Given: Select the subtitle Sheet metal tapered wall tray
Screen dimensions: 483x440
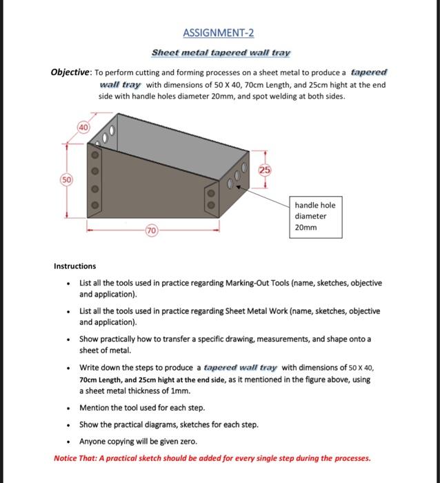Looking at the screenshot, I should point(221,53).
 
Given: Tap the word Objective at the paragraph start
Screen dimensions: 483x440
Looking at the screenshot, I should point(70,72).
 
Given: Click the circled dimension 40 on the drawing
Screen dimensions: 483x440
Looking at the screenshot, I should point(83,128).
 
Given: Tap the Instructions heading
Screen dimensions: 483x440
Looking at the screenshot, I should point(75,266).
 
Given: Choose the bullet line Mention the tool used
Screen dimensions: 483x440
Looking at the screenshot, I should point(142,408).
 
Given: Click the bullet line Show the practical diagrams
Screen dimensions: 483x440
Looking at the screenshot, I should point(169,424).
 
